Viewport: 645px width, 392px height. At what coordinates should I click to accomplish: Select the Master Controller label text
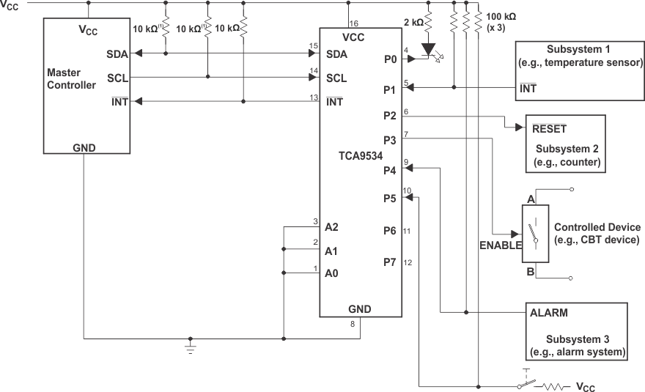[x=71, y=79]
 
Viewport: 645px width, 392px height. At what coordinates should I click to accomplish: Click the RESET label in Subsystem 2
[x=549, y=127]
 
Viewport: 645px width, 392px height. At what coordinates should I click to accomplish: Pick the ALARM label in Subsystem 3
[x=549, y=312]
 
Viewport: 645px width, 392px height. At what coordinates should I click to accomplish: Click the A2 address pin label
[x=331, y=227]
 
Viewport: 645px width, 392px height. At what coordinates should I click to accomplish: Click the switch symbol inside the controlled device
[x=535, y=234]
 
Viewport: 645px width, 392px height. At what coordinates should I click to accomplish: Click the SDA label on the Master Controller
[x=116, y=54]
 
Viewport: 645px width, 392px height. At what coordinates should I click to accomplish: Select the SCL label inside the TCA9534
[x=336, y=78]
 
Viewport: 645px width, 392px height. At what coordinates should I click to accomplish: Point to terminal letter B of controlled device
[x=530, y=270]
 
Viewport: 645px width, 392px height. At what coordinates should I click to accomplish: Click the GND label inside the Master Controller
[x=84, y=147]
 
